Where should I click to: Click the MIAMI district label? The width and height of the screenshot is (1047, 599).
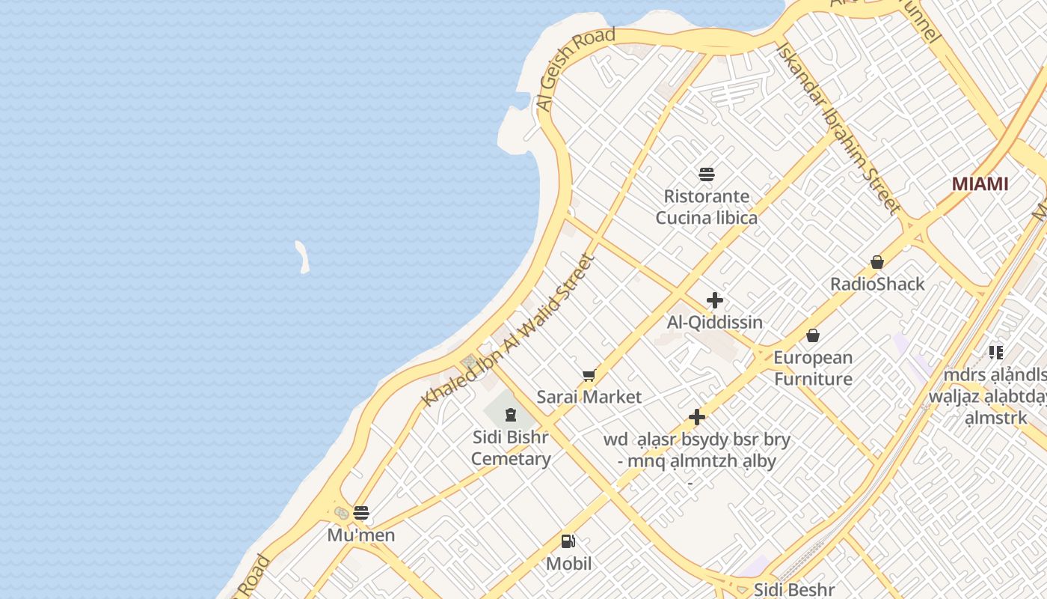point(980,184)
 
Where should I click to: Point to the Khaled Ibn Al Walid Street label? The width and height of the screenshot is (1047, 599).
point(508,330)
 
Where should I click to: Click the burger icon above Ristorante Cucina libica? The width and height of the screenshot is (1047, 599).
point(707,174)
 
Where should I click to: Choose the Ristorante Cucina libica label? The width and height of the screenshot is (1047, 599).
point(707,207)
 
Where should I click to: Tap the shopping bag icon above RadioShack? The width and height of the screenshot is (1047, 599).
point(877,262)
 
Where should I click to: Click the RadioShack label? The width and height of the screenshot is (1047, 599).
point(877,285)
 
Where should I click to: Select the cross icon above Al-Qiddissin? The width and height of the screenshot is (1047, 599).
point(715,300)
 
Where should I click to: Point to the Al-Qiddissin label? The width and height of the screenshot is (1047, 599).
point(715,323)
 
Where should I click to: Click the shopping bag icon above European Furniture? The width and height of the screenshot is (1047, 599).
point(813,335)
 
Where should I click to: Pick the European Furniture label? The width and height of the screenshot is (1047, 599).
point(813,368)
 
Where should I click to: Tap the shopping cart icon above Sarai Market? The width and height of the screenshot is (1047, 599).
point(589,375)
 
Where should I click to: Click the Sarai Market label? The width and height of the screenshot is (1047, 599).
point(589,398)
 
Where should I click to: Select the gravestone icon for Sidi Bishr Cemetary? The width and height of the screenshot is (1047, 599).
point(511,414)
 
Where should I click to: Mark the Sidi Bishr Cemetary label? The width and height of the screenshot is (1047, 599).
point(511,448)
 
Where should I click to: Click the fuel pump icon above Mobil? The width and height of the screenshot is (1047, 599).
point(568,541)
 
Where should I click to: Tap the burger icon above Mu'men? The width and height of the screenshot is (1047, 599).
point(361,513)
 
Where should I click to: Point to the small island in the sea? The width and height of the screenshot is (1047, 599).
point(302,256)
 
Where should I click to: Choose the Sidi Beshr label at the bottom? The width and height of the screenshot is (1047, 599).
point(793,590)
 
